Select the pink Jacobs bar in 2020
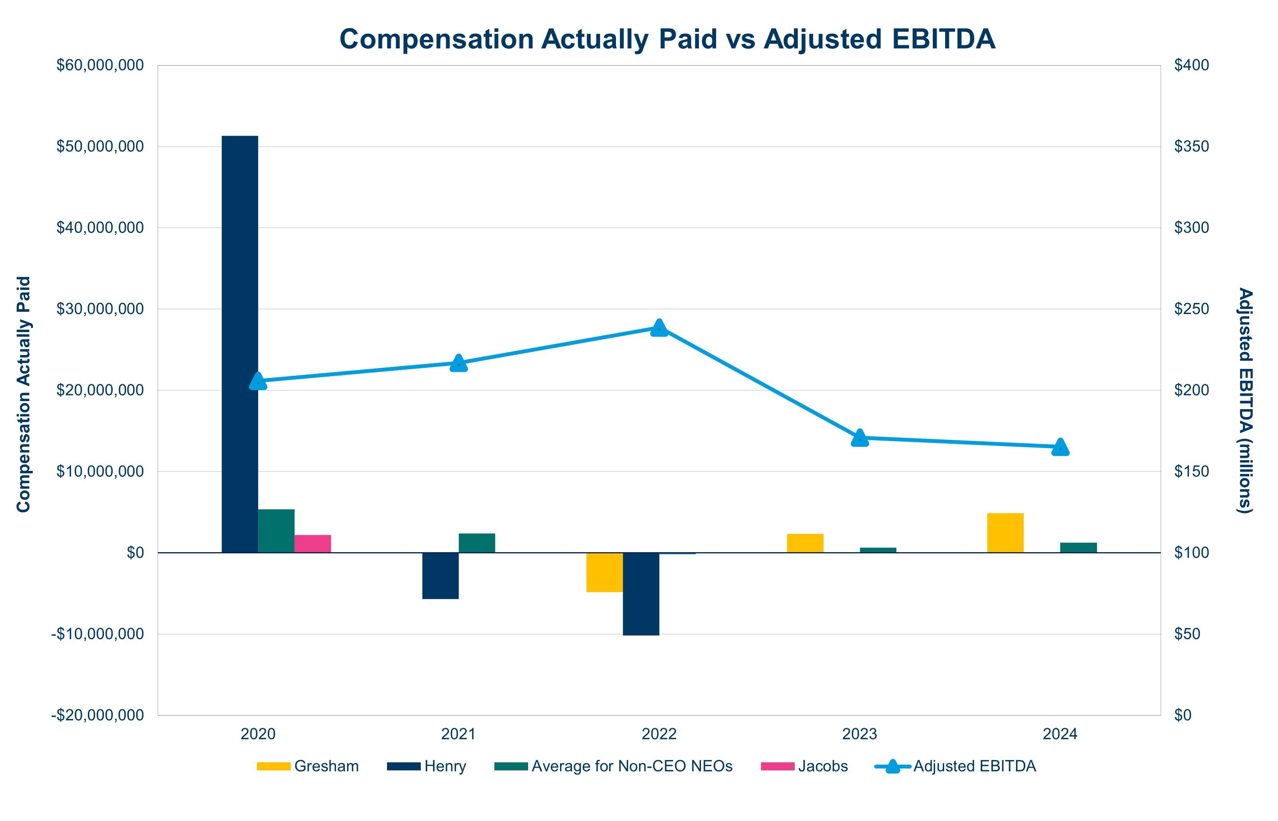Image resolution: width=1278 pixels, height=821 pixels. click(x=313, y=543)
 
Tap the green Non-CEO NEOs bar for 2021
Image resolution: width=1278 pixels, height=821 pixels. click(x=477, y=543)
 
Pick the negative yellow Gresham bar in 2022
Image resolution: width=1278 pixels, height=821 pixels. click(x=604, y=572)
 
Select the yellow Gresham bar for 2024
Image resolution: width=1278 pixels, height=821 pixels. click(x=1005, y=533)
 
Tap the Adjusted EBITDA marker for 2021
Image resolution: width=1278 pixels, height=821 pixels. click(x=458, y=363)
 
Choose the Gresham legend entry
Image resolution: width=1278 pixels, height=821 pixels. click(x=308, y=766)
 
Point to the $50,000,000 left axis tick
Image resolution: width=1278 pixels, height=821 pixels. click(x=100, y=146)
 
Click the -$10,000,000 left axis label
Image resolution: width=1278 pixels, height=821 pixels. click(x=97, y=634)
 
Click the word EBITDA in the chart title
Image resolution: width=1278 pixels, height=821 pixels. click(x=939, y=39)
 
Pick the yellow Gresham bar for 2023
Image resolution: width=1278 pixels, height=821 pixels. click(x=805, y=543)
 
